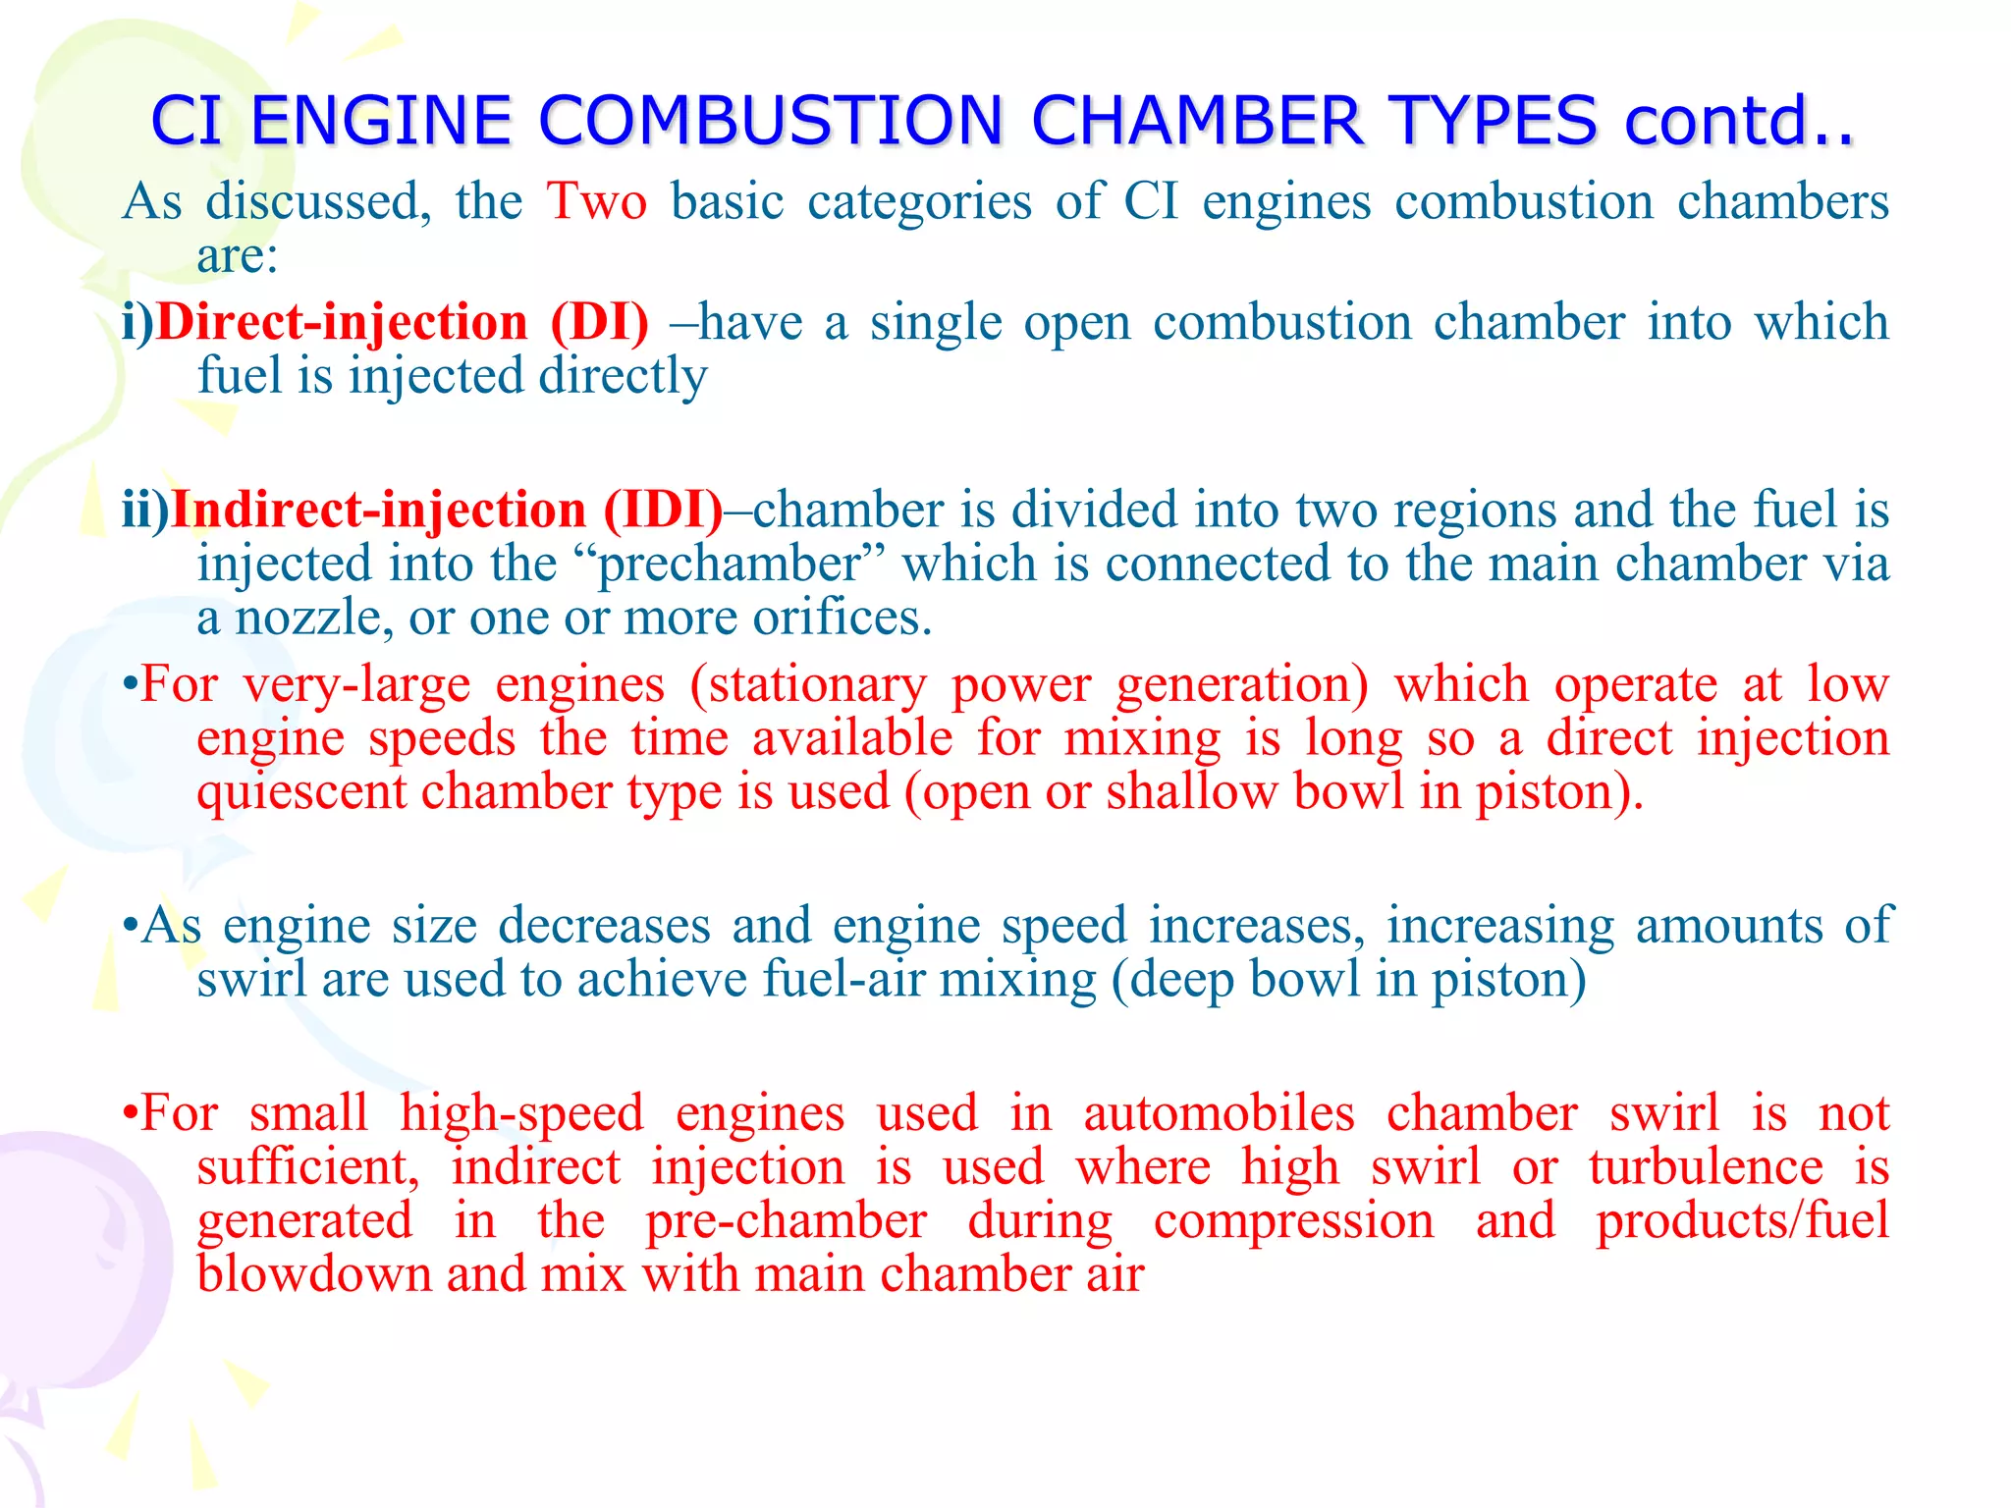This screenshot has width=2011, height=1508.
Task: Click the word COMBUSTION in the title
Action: coord(770,121)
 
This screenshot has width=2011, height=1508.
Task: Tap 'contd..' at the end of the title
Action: coord(1738,121)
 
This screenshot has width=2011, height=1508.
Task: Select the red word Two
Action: coord(597,201)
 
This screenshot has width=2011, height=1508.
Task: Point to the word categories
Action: coord(920,201)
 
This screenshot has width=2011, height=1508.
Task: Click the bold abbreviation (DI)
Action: coord(599,322)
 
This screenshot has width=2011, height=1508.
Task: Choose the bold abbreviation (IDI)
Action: coord(663,510)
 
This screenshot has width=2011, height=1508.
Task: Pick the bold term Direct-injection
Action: coord(342,322)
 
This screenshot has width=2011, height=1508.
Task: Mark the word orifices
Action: coord(842,618)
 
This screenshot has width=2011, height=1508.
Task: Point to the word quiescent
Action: coord(300,791)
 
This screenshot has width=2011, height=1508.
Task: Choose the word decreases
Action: coord(604,925)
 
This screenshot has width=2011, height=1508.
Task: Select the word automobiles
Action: coord(1219,1113)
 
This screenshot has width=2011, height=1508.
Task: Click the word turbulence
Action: coord(1706,1167)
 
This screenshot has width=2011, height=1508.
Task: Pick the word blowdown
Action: coord(313,1273)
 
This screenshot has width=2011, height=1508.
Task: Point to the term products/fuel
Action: coord(1742,1220)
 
